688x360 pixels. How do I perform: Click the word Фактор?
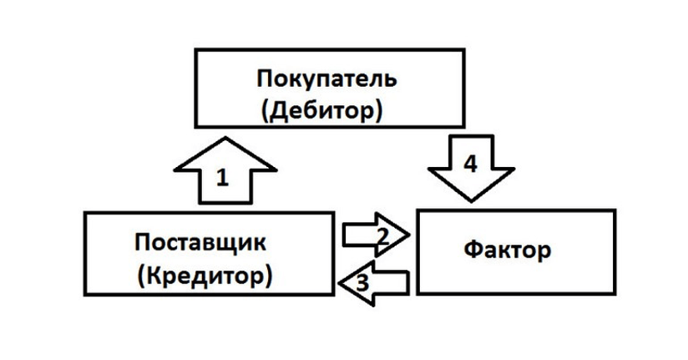508,250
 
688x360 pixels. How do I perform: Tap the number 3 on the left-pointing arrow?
362,281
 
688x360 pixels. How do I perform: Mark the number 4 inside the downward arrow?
471,164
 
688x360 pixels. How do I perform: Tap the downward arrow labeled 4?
471,171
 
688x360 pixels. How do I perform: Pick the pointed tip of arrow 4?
471,201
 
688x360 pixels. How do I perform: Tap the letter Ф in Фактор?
472,250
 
